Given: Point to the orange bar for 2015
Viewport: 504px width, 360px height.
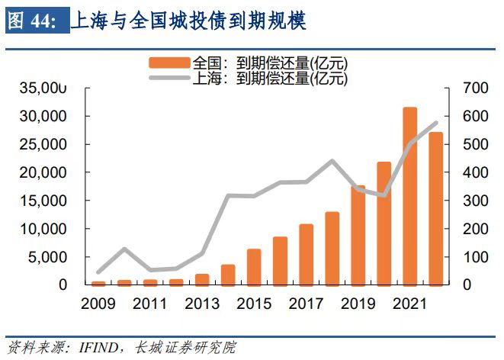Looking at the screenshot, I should [x=254, y=267].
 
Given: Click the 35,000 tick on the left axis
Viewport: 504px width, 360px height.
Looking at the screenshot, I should [x=44, y=88].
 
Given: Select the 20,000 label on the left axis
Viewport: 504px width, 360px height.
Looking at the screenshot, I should [x=44, y=172].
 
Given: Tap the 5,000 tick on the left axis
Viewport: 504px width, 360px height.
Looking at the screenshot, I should [x=50, y=257].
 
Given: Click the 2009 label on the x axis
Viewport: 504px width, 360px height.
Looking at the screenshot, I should [x=98, y=304].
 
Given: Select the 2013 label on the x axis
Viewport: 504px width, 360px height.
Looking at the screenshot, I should [x=202, y=304].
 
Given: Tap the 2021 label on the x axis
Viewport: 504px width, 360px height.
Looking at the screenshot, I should [x=409, y=304].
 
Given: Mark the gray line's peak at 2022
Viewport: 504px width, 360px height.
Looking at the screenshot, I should [x=436, y=123].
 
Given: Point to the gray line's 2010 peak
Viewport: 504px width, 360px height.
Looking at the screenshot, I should [x=124, y=249].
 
